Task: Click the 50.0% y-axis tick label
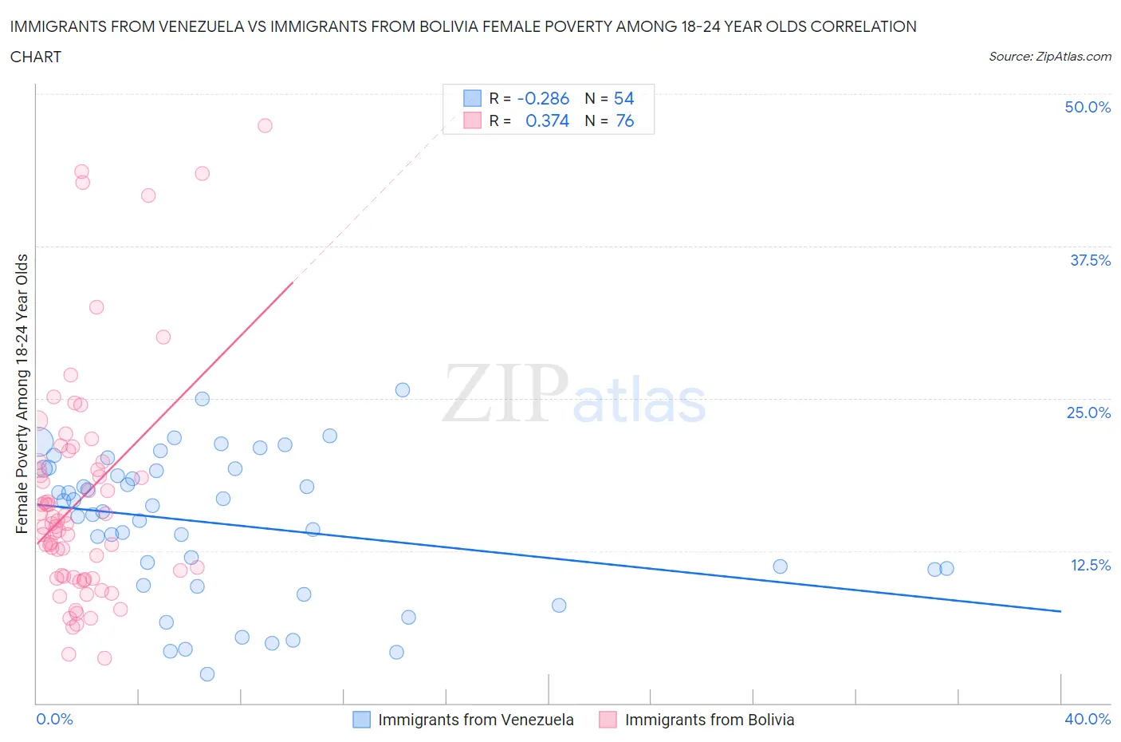click(x=1087, y=107)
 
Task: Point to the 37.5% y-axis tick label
click(x=1089, y=260)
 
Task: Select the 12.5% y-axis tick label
click(x=1089, y=565)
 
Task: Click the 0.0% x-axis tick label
click(x=54, y=719)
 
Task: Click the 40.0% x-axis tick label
click(x=1087, y=719)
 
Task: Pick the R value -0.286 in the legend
click(x=543, y=98)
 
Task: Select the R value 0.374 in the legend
click(x=547, y=120)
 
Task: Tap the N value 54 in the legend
click(x=623, y=98)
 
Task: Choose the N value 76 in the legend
click(x=624, y=120)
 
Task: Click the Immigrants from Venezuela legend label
click(x=475, y=720)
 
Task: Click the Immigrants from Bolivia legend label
click(x=709, y=720)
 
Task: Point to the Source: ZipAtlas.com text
click(x=1049, y=56)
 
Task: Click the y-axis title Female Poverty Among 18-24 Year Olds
click(x=22, y=393)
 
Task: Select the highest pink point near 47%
click(x=265, y=125)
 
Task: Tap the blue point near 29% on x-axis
click(x=780, y=566)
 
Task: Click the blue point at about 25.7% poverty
click(x=403, y=390)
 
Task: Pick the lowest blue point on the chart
click(x=207, y=674)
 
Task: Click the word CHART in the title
click(x=36, y=57)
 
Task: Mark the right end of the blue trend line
click(x=1060, y=611)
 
